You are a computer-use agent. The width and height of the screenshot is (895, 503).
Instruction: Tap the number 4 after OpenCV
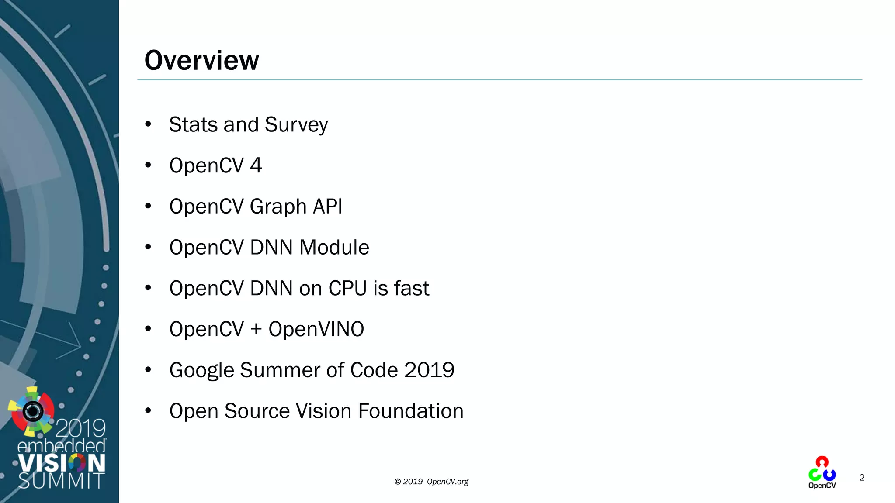256,165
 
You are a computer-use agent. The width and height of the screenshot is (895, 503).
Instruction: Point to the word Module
334,248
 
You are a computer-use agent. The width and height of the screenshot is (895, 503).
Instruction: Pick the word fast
411,289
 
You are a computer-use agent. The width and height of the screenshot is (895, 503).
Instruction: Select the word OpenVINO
316,329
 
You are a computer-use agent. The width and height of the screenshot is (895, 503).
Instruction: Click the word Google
201,370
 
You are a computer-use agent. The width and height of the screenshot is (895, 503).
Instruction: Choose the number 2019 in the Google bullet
429,370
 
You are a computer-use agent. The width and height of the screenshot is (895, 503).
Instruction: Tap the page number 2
862,478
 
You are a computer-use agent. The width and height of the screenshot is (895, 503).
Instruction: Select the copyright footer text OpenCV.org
447,482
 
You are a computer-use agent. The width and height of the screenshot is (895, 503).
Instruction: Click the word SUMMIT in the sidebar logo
61,481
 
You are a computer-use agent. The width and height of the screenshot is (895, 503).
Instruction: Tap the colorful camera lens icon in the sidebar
32,411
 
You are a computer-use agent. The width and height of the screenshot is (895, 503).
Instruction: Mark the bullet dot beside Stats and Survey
148,124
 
